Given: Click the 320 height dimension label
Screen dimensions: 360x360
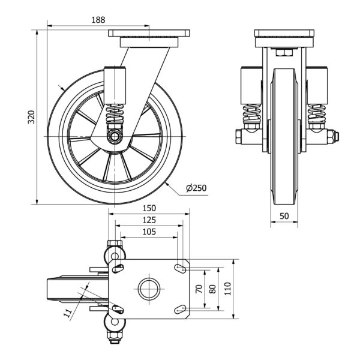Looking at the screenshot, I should (31, 116).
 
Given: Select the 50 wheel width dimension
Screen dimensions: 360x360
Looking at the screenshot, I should (284, 215).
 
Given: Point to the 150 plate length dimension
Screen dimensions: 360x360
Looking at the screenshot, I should (150, 208).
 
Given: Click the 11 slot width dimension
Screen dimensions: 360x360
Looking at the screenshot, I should (67, 312).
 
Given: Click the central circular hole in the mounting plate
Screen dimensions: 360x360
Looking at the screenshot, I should (148, 289).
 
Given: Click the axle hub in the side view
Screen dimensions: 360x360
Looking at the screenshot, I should (114, 137).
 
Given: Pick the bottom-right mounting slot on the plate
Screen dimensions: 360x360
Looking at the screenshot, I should (179, 309).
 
